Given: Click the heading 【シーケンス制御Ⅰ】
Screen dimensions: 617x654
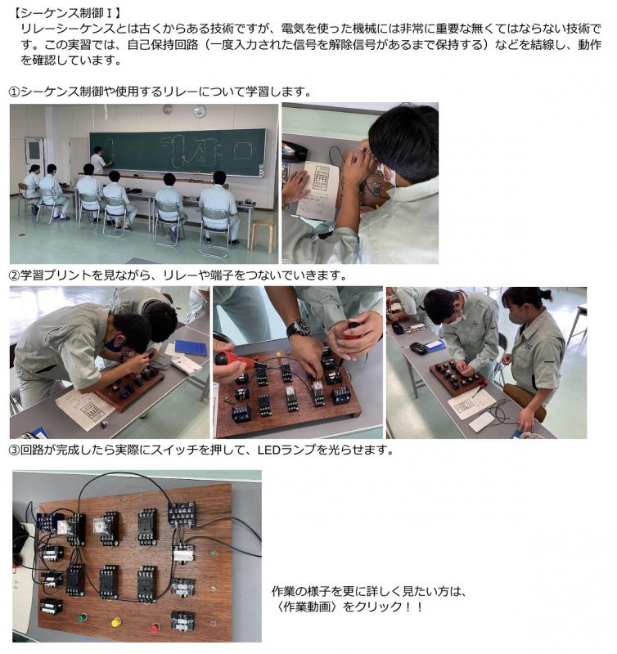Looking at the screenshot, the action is (67, 12).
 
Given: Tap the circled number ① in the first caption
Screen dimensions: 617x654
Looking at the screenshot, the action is (14, 92).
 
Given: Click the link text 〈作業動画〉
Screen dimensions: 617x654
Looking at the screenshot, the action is (305, 606).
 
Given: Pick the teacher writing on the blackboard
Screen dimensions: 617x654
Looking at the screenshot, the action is (99, 159).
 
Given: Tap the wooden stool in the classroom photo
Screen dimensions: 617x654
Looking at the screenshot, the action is (263, 235).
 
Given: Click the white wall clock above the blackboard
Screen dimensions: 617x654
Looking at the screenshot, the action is (199, 111).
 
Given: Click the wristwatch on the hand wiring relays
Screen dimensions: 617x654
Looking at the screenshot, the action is (298, 329).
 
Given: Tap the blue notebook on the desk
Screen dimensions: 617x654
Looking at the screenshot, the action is (191, 347).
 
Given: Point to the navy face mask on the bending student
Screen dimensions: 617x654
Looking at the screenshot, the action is (113, 344).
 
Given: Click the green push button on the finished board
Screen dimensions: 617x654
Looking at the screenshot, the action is (83, 617).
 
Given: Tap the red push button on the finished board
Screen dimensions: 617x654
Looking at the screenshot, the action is (155, 627).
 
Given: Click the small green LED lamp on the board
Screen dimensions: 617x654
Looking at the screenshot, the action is (213, 553).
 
